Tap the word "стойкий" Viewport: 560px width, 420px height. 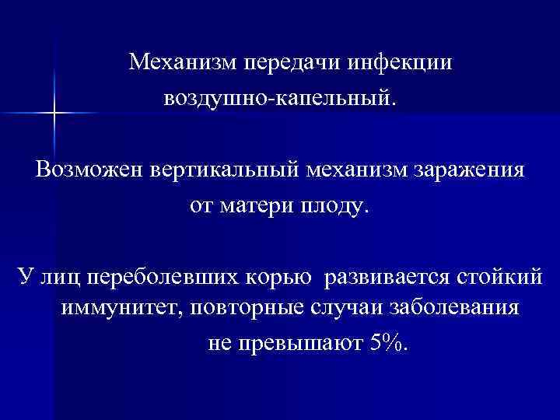[497, 278]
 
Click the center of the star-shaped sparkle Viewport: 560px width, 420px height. [55, 113]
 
